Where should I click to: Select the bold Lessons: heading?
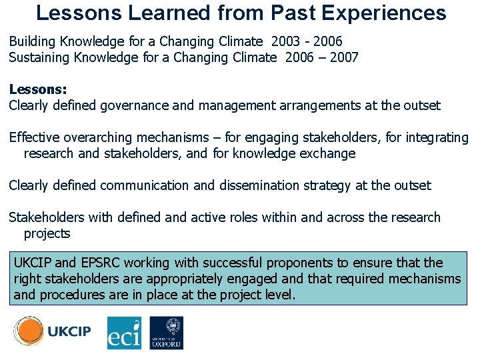pyautogui.click(x=38, y=89)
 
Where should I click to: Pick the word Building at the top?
pyautogui.click(x=33, y=41)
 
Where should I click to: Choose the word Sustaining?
pyautogui.click(x=40, y=57)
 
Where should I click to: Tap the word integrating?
pyautogui.click(x=437, y=137)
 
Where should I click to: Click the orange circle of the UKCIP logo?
pyautogui.click(x=29, y=331)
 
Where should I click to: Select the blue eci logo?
pyautogui.click(x=125, y=333)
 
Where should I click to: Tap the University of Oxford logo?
pyautogui.click(x=166, y=333)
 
